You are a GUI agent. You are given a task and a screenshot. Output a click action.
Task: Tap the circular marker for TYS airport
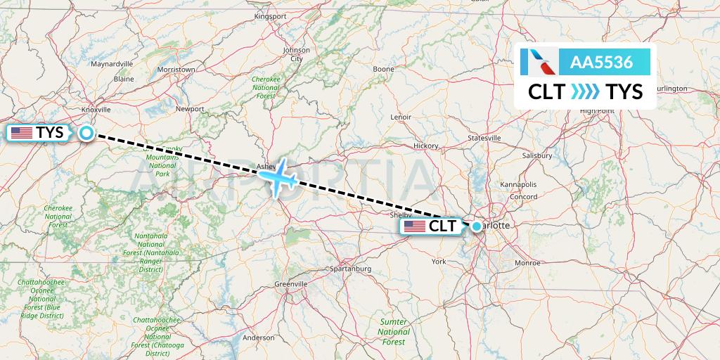click(86, 132)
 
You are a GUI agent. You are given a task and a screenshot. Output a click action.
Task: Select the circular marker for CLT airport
click(477, 226)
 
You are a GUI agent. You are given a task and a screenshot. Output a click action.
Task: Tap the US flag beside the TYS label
click(22, 132)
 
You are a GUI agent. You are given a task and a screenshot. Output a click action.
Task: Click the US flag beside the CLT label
click(415, 226)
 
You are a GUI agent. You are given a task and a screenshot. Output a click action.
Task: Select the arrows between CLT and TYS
click(585, 91)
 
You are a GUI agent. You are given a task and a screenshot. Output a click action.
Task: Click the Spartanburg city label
click(350, 269)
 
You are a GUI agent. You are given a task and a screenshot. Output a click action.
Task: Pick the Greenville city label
click(291, 283)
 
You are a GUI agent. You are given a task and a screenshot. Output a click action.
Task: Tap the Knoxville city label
click(96, 110)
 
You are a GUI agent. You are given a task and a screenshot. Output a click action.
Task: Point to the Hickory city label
click(426, 146)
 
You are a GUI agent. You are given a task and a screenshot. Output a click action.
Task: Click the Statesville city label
click(484, 138)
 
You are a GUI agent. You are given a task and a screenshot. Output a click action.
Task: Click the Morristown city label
click(176, 70)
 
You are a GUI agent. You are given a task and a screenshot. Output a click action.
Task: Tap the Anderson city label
click(258, 337)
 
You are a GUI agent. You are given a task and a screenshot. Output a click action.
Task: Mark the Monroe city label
click(527, 262)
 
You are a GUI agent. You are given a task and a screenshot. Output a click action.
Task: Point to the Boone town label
click(384, 69)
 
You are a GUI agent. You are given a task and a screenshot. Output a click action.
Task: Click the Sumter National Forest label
click(394, 331)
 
